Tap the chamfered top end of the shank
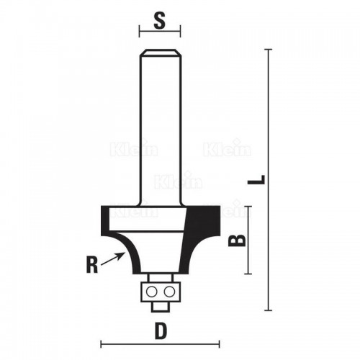click(x=160, y=52)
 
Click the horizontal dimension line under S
click(x=160, y=32)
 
